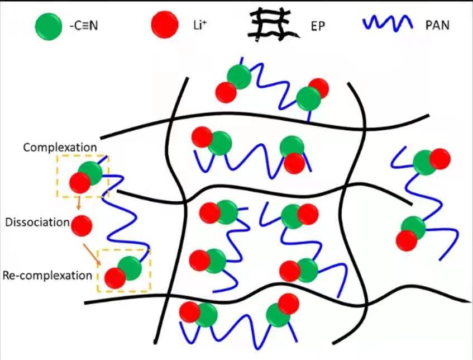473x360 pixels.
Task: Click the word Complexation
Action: [60, 148]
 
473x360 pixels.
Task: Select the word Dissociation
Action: [37, 222]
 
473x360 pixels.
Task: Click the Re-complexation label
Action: [47, 276]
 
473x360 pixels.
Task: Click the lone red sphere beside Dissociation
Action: [82, 224]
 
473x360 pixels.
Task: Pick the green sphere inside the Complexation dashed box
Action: [90, 174]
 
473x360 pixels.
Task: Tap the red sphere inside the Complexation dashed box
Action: [80, 182]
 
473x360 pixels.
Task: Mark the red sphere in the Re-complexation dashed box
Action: [115, 278]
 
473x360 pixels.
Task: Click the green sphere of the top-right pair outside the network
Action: [425, 162]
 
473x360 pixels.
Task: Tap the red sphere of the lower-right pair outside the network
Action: [407, 240]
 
